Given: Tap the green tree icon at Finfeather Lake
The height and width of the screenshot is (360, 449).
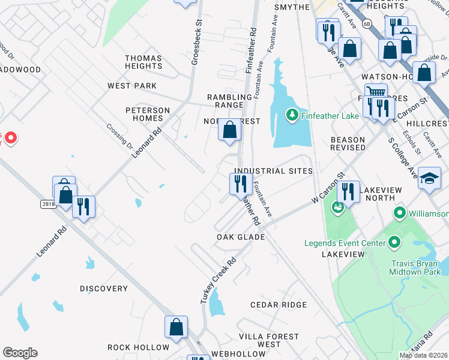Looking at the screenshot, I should click(292, 115).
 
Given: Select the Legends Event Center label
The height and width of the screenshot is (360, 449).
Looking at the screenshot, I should click(345, 243).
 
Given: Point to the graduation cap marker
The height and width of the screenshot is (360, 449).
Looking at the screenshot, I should click(429, 178).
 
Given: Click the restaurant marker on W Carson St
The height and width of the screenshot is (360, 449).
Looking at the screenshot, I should click(348, 191).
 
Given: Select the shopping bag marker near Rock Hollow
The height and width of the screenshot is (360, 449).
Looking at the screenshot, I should click(176, 327).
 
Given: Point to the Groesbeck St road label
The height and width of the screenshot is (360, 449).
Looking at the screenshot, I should click(196, 46).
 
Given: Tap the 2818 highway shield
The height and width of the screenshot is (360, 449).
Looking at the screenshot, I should click(49, 204).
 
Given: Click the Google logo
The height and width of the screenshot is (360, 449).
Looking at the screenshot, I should click(20, 353).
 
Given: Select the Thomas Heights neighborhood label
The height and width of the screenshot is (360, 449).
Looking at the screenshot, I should click(143, 62).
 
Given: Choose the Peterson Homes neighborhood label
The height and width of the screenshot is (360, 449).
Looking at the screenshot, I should click(148, 114).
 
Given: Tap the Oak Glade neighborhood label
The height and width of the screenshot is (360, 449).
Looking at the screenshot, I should click(241, 237).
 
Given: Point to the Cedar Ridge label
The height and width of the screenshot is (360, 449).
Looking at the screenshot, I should click(279, 305).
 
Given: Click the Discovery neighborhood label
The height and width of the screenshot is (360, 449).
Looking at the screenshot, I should click(104, 289).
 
